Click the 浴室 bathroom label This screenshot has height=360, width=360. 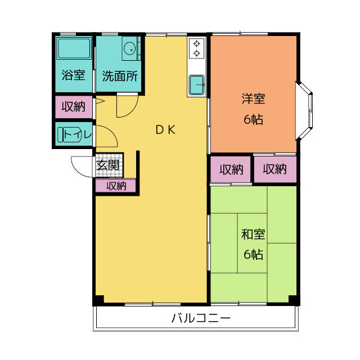coord(74,75)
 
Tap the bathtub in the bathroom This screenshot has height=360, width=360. coord(74,50)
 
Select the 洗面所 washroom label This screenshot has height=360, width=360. coord(120,76)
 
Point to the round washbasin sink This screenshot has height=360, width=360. coord(129,48)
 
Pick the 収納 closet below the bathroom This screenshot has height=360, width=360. coord(74,106)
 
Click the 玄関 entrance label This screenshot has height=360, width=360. coord(107,165)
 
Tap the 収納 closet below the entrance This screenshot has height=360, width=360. coord(116,186)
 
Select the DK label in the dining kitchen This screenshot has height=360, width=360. coord(166,130)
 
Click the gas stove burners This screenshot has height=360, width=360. coord(197,48)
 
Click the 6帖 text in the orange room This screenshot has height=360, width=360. coord(253,119)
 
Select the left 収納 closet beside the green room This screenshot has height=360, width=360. coord(231,169)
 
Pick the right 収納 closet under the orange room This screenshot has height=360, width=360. coord(274,169)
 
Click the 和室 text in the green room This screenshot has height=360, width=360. coord(253,235)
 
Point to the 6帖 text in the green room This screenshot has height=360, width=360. coord(253,254)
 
